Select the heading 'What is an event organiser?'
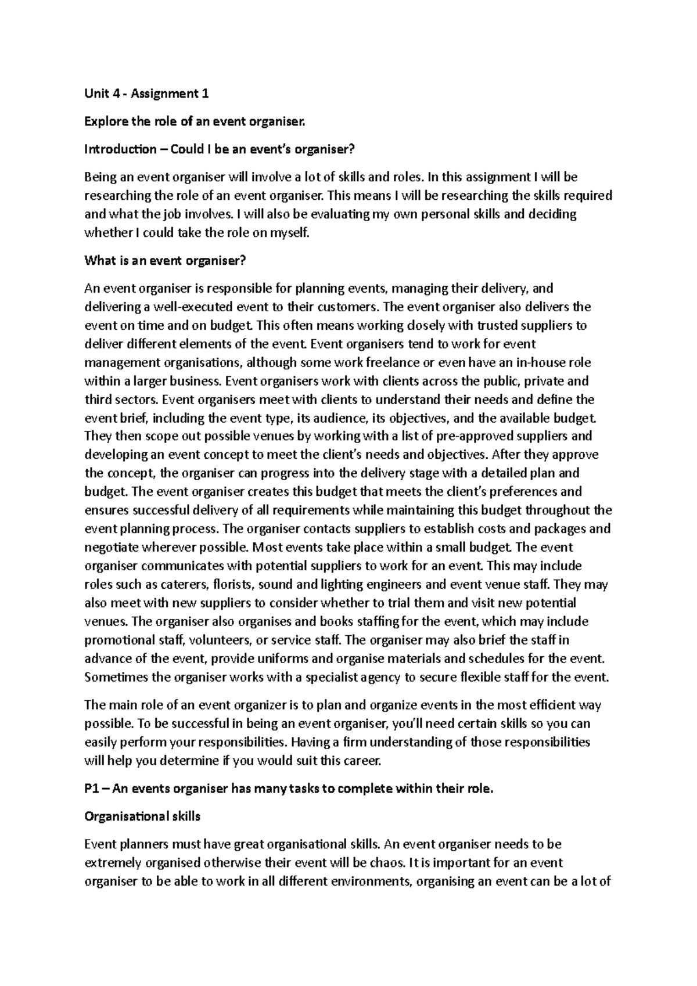[166, 261]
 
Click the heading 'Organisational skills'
[142, 816]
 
